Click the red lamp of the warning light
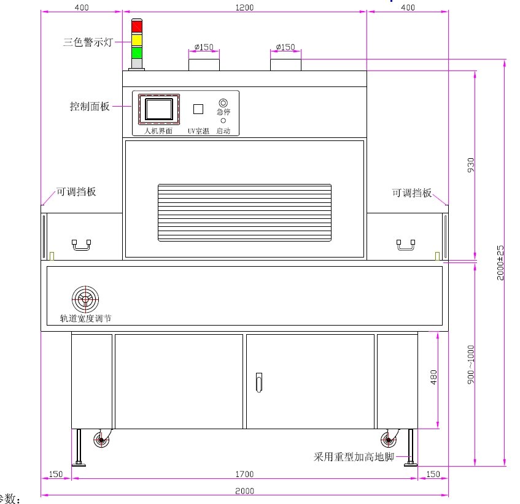coord(136,27)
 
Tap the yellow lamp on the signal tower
coord(136,40)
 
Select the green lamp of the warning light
coord(136,52)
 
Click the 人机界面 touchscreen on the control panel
coord(158,110)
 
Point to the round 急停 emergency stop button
coord(223,103)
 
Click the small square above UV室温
coord(198,109)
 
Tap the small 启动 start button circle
coord(223,121)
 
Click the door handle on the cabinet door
coord(258,382)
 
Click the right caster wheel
coord(387,440)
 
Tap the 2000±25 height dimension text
coord(501,262)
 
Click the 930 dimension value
coord(471,166)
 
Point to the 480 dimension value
coord(434,378)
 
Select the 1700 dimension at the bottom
coord(244,474)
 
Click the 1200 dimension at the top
coord(244,7)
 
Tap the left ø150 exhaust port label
coord(203,47)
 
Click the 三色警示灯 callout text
coord(87,43)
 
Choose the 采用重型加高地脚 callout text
coord(354,457)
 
